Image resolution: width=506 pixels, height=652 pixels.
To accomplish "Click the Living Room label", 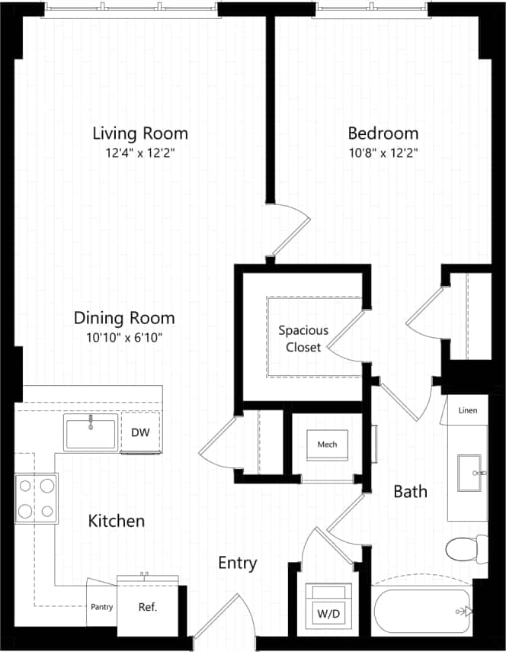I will [x=139, y=133].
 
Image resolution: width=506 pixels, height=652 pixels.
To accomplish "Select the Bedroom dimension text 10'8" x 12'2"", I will [x=383, y=153].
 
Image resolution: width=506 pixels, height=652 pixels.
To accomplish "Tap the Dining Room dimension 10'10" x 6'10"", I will [x=124, y=337].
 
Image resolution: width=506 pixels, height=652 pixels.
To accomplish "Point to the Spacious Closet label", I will [x=303, y=339].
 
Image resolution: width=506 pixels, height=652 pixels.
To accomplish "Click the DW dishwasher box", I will [x=141, y=432].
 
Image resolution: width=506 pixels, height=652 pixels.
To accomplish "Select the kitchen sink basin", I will [x=91, y=432].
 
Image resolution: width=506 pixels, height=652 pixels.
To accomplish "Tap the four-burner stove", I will [x=36, y=497].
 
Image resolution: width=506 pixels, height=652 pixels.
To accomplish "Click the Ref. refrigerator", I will [x=146, y=607].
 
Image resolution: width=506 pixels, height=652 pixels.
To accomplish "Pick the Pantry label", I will [x=101, y=608].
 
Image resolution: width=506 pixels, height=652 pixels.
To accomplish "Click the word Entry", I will [x=237, y=564].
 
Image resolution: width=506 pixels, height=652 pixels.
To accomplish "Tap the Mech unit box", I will [x=328, y=444].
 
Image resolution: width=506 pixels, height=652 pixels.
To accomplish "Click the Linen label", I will [x=468, y=410].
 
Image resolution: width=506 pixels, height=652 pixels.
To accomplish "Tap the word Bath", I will [x=410, y=492].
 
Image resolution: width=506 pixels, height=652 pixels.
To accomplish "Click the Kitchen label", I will [x=117, y=522].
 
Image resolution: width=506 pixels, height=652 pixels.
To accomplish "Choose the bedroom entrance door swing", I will [x=290, y=229].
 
